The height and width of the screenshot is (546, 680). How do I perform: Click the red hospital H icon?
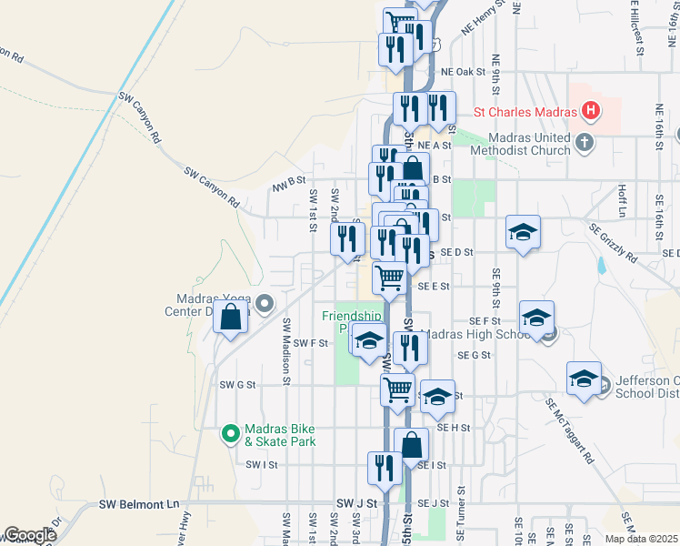point(592,113)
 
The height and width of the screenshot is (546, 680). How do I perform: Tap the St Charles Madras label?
point(525,114)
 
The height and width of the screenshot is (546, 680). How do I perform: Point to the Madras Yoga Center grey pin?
point(265,303)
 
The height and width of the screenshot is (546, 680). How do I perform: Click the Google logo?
point(29,535)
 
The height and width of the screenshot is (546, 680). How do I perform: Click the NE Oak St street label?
point(464,72)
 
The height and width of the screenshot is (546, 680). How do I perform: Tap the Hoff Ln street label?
point(623,202)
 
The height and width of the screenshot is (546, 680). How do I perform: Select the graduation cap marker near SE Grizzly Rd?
point(524,232)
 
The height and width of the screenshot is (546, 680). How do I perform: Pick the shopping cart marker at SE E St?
point(390,278)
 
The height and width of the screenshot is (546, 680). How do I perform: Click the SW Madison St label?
point(286,349)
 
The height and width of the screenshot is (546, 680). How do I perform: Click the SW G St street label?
point(238,385)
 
